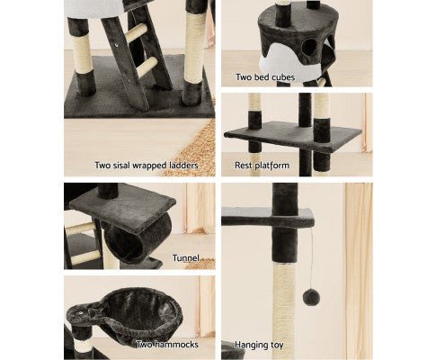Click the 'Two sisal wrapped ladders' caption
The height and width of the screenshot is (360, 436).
147,166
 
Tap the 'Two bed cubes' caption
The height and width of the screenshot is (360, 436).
265,77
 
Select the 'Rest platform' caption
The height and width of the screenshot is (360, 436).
262,166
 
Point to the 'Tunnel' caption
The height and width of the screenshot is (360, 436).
186,258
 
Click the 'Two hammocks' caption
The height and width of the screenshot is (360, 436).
167,345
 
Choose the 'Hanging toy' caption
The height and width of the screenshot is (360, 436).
259,345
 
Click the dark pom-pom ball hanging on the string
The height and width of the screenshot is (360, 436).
311,297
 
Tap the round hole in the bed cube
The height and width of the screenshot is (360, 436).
309,47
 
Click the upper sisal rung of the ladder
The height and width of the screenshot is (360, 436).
137,33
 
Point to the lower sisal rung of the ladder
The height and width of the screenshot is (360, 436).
147,67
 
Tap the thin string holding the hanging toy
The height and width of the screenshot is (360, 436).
312,257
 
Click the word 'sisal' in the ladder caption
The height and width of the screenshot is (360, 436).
121,166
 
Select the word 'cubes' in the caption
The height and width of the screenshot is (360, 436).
282,77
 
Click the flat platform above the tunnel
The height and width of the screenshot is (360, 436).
122,207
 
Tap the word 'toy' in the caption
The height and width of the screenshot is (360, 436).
277,346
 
